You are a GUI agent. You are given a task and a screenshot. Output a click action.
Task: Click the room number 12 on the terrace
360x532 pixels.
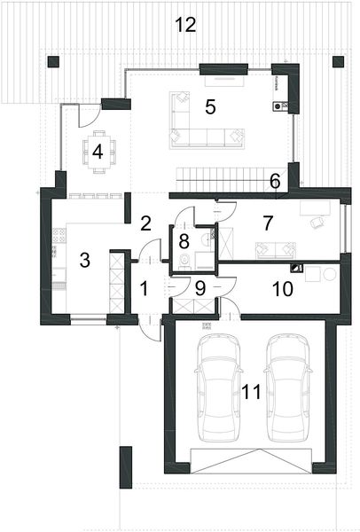coord(184,25)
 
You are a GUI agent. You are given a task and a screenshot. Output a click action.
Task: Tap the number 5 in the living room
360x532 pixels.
coord(210,107)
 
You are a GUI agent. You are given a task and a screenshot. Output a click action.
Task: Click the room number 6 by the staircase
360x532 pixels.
coord(275,181)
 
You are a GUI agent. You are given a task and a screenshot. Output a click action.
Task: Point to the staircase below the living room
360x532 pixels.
coord(222,174)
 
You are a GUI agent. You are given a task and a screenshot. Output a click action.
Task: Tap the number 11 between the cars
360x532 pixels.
coord(252,391)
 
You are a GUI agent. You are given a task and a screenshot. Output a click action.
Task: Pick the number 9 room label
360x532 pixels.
coord(200,287)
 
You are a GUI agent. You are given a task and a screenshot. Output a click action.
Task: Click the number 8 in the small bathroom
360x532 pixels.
coord(184,240)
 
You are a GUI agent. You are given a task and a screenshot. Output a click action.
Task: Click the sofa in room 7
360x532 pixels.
coord(277,249)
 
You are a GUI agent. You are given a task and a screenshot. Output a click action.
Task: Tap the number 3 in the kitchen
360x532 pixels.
coord(84,260)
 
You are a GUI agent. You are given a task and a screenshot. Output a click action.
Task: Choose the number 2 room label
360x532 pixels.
coord(146,223)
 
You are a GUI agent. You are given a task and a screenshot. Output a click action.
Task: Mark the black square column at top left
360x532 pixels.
coord(53,61)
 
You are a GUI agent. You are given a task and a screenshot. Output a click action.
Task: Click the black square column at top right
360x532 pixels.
coord(337,61)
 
